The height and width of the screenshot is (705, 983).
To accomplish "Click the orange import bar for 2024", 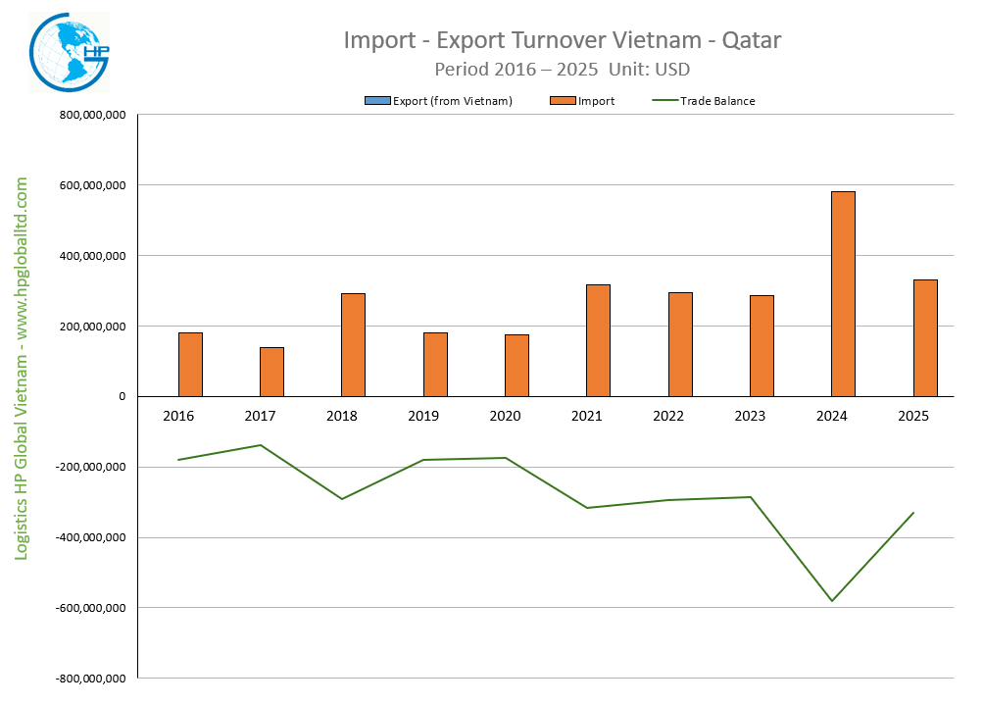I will coord(843,294).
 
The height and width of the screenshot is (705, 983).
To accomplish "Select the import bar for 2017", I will coord(271,372).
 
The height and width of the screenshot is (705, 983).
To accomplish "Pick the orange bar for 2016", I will coord(190,364).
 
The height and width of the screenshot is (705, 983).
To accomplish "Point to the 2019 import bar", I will coord(435,364).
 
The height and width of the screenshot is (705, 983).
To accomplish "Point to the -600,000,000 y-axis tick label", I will coord(91,608).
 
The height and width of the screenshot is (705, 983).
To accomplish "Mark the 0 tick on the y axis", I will coord(122,397).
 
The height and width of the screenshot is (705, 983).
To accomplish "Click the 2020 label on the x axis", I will coord(505,417).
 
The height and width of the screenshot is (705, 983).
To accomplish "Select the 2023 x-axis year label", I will coord(750,417).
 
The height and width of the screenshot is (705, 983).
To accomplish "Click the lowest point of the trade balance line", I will coord(832,600).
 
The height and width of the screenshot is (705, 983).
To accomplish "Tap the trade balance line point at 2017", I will coord(261,445).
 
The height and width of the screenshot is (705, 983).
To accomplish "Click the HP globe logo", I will coord(69,54).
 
